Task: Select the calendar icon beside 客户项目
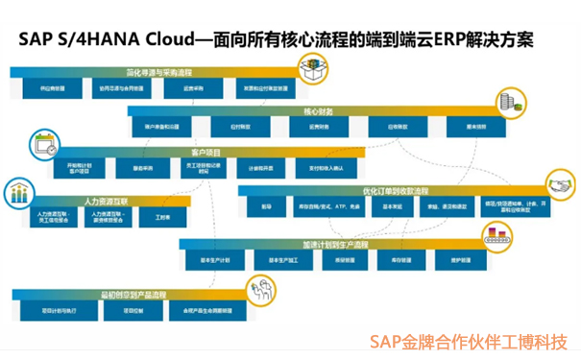43,147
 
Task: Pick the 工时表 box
148,219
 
